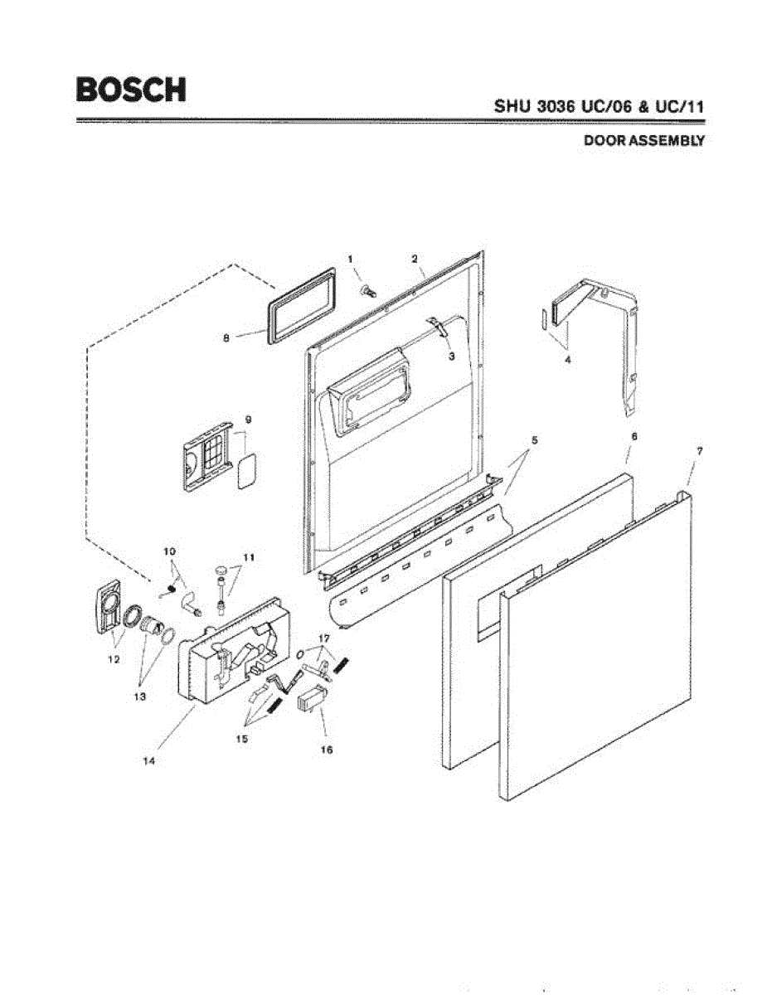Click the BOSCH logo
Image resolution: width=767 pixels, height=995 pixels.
130,90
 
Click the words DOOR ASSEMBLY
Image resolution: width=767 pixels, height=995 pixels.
643,141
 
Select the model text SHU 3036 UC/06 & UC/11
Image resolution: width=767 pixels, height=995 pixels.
600,107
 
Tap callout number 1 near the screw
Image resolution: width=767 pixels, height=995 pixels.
351,260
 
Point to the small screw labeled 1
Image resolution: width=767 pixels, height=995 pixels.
367,289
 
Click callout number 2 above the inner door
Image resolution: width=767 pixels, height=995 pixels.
414,259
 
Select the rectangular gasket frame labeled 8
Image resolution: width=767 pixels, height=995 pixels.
300,303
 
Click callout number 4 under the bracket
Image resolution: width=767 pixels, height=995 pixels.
567,361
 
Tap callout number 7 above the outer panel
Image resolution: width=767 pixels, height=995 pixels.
700,450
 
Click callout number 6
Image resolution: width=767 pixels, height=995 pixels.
634,435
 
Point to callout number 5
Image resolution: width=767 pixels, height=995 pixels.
534,440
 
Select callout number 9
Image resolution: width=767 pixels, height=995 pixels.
248,419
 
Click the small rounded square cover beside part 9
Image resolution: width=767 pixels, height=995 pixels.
247,471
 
